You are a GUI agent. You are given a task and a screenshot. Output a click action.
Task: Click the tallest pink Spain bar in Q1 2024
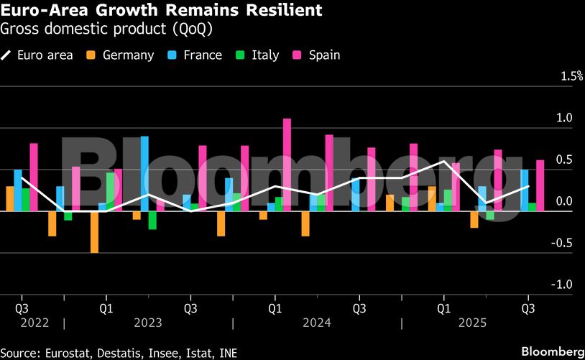pyautogui.click(x=287, y=165)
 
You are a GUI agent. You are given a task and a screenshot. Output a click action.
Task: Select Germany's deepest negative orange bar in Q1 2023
pyautogui.click(x=94, y=231)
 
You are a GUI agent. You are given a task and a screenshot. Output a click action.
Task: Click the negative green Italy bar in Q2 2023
pyautogui.click(x=152, y=220)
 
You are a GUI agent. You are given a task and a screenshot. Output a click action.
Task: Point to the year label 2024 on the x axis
pyautogui.click(x=316, y=323)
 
